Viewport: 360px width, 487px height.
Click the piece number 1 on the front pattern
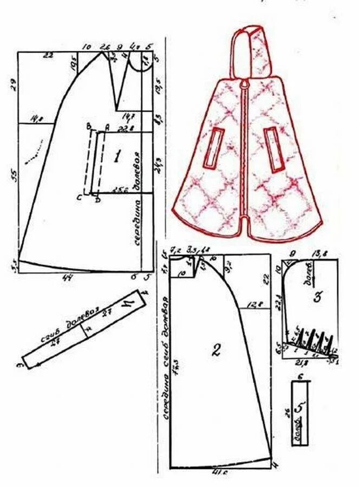(116, 157)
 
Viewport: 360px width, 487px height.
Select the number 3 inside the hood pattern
(318, 295)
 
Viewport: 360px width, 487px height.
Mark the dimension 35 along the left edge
(15, 176)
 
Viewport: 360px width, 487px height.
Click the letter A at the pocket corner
(107, 127)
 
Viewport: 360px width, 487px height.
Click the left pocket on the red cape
(214, 147)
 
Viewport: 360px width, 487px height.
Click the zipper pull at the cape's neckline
(245, 85)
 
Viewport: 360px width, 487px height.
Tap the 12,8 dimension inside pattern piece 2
(252, 305)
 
